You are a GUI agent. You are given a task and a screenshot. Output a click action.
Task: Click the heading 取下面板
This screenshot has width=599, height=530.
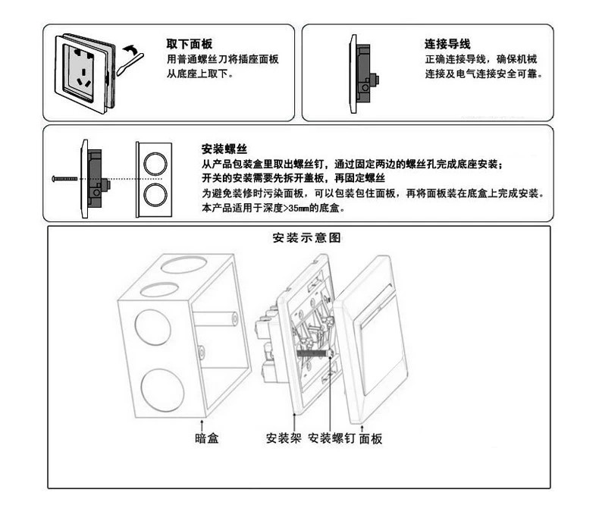coord(189,44)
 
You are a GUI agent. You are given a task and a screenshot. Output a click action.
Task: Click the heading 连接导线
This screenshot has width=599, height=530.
coord(447,45)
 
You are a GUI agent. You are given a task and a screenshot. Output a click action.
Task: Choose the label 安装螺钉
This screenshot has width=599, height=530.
coord(331,437)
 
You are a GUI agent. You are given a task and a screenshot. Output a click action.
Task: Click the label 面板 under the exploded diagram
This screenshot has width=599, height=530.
coord(371,437)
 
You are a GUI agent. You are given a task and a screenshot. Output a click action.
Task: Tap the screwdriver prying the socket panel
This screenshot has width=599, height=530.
coord(125,64)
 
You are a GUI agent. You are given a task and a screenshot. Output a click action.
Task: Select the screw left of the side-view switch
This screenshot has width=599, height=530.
coord(64,179)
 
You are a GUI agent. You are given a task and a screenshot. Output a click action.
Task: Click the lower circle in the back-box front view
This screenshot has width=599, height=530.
coord(155,194)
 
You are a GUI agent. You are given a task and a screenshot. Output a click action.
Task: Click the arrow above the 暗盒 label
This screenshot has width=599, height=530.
coord(202,422)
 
